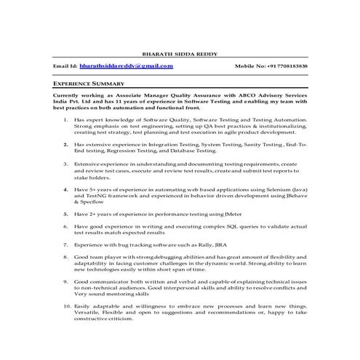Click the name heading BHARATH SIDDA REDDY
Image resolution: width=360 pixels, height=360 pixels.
(179, 53)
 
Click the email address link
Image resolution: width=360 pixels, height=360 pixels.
(127, 65)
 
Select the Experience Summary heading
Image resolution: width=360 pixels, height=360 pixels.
(84, 84)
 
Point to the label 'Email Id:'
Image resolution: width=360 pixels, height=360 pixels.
(65, 66)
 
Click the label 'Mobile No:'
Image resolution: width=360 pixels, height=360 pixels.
(249, 66)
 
